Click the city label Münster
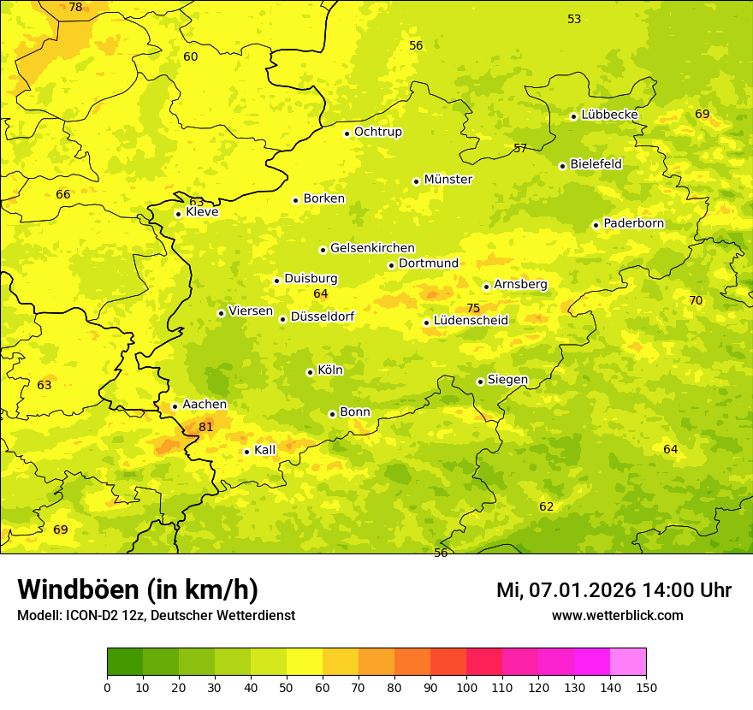point(448,180)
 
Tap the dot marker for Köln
point(310,372)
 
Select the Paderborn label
point(633,223)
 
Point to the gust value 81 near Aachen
point(205,427)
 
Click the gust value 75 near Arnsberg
point(473,308)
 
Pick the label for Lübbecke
point(609,115)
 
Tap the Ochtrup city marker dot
point(347,133)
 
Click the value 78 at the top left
point(75,8)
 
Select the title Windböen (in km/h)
point(138,589)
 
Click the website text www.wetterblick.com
point(617,615)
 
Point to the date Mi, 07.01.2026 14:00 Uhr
point(614,590)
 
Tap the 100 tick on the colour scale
point(466,686)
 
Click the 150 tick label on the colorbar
point(645,686)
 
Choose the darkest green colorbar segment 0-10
point(125,662)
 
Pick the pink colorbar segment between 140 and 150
point(628,662)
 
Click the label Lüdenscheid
point(471,321)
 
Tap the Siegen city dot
point(480,382)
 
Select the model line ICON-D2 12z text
point(156,615)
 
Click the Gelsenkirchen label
point(372,248)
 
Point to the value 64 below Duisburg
point(321,293)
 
